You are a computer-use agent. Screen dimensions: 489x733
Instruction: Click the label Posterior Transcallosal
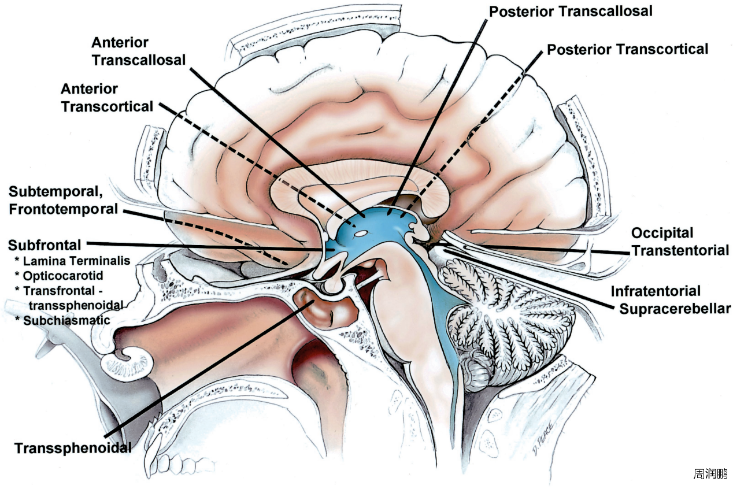[x=571, y=11]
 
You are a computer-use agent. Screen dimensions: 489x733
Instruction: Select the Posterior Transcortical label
[x=627, y=50]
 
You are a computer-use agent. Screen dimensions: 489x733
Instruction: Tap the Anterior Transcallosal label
[x=138, y=51]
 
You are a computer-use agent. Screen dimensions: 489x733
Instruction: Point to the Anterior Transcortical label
[x=107, y=98]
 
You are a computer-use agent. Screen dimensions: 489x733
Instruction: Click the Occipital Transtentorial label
[x=679, y=242]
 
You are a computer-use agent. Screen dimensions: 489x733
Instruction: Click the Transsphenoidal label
[x=73, y=448]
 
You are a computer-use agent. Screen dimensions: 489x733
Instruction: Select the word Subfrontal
[x=45, y=245]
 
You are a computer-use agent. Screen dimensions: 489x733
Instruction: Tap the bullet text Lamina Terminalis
[x=76, y=261]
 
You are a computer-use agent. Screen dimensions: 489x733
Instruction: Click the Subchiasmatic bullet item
[x=66, y=320]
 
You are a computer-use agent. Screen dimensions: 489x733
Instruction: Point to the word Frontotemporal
[x=64, y=209]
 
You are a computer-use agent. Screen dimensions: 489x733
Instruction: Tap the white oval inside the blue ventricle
[x=361, y=234]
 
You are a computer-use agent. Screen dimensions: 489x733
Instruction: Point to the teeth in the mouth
[x=173, y=462]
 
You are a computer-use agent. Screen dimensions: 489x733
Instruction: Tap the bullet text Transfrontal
[x=66, y=290]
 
